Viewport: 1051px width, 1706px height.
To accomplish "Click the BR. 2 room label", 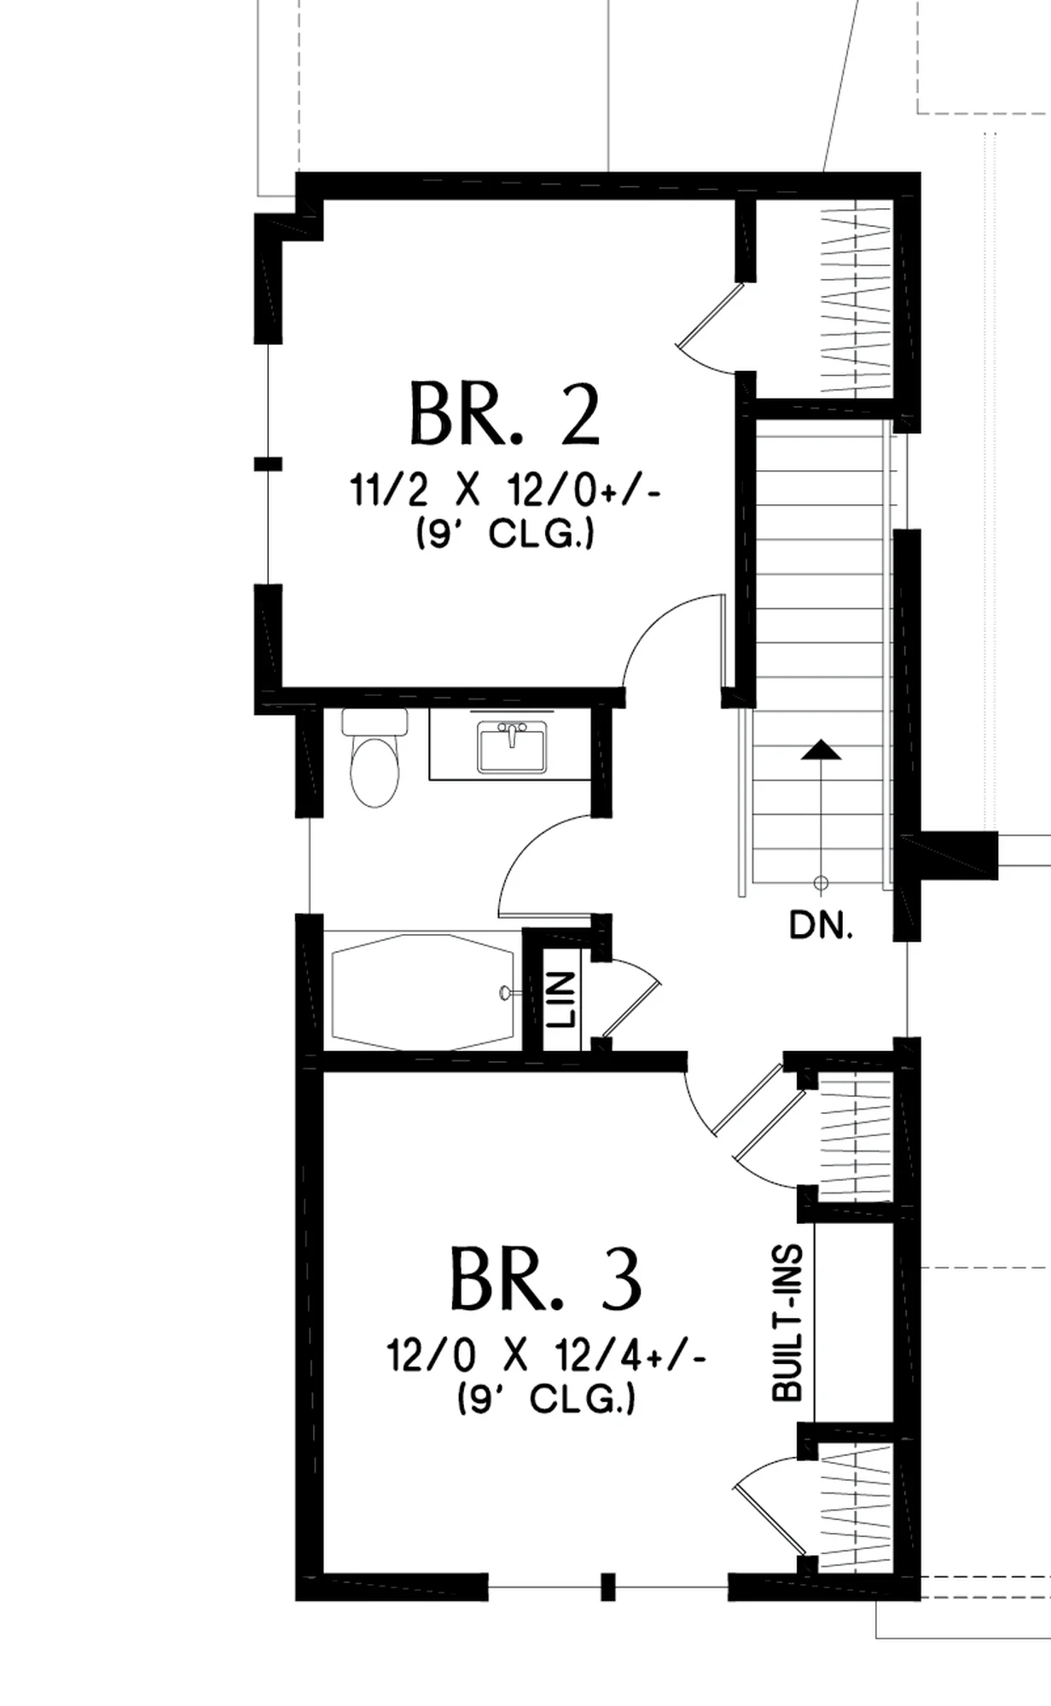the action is tap(505, 415).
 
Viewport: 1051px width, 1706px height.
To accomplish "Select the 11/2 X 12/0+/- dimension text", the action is tap(505, 492).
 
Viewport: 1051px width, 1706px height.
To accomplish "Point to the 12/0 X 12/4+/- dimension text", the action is tap(546, 1355).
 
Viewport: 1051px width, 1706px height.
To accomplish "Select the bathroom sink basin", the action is tap(512, 746).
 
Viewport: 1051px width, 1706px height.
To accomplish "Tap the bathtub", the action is tap(422, 991).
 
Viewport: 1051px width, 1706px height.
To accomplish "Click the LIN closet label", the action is tap(562, 999).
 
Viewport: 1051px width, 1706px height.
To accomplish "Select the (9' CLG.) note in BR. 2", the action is tap(505, 535).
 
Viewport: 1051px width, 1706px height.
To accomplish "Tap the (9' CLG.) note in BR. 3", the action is tap(546, 1398).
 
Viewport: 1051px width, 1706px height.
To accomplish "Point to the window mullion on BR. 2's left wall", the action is tap(268, 463).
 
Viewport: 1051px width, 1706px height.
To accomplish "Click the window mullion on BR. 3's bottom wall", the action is tap(608, 1586).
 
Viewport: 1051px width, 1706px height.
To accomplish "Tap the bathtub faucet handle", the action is tap(505, 992).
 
